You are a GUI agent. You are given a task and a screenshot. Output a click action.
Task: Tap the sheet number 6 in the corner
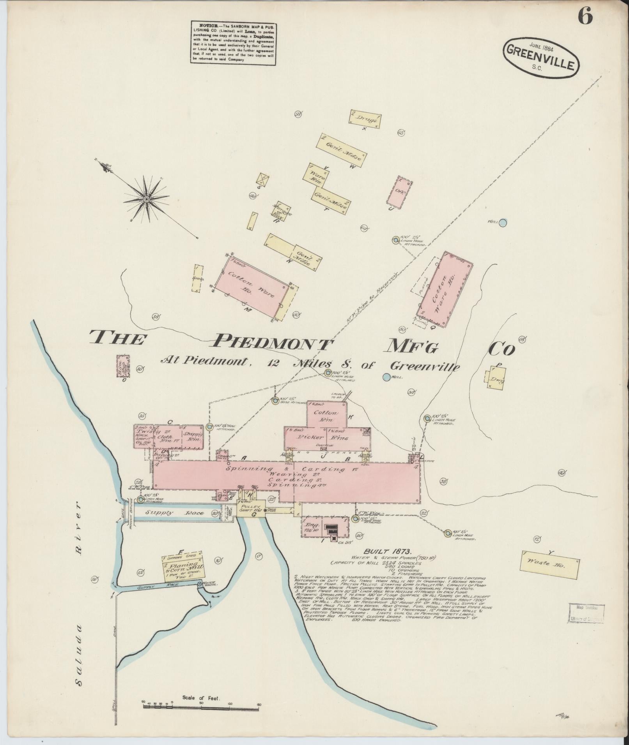[585, 16]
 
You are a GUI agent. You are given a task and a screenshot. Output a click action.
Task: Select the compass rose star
[146, 199]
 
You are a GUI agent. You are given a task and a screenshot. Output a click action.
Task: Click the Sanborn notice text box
[233, 42]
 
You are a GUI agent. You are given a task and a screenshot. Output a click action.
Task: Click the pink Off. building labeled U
[400, 191]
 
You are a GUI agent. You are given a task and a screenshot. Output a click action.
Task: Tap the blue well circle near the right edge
[503, 222]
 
